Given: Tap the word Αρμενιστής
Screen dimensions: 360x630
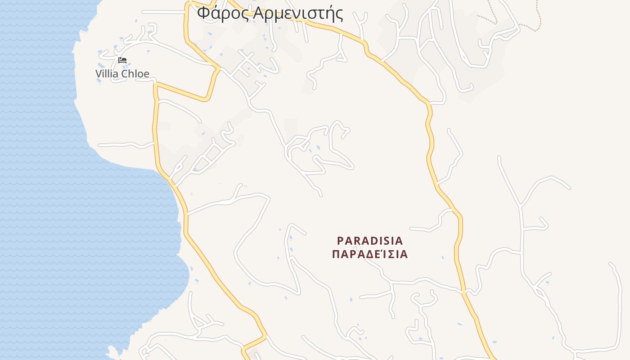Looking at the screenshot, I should pyautogui.click(x=298, y=13).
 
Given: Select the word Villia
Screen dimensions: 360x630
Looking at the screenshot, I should pyautogui.click(x=106, y=74).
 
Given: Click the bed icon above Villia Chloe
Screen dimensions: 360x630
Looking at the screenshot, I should pyautogui.click(x=122, y=60).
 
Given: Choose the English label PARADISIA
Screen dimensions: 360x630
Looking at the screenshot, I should pyautogui.click(x=370, y=241).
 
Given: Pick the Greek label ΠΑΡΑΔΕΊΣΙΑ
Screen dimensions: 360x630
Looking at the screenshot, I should pyautogui.click(x=370, y=254).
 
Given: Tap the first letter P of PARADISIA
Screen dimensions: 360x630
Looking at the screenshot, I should pyautogui.click(x=340, y=241).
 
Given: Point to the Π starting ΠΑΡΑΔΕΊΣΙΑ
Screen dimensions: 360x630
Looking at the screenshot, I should pyautogui.click(x=336, y=254).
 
